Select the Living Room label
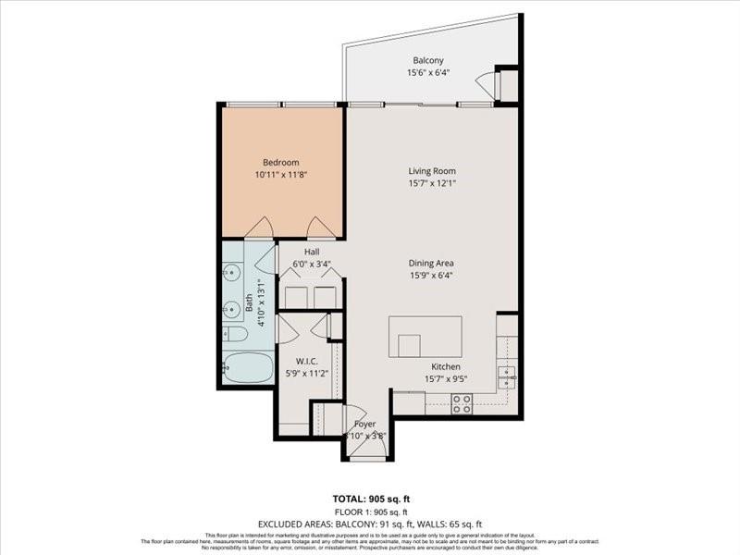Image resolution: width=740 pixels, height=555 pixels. point(432,170)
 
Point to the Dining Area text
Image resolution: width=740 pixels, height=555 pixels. point(431,263)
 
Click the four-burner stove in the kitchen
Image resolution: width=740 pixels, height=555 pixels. point(462,402)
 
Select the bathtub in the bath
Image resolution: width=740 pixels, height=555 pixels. point(248,366)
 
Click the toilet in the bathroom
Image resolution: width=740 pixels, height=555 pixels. point(235,334)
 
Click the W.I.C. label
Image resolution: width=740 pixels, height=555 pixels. point(306,361)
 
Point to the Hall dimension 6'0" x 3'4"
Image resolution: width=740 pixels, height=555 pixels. point(311,264)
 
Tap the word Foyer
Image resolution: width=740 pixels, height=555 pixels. point(365,424)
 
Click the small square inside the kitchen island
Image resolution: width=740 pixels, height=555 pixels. point(409,345)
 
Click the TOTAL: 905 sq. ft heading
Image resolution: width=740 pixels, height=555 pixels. point(369,497)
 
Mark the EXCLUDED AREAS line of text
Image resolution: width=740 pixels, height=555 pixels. point(369,524)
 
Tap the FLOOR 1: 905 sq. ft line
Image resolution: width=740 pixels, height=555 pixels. point(369,511)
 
